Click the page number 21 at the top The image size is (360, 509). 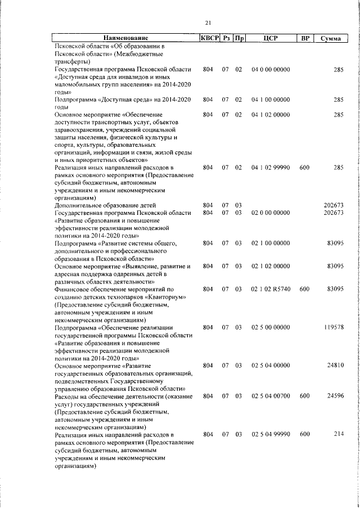click(208, 22)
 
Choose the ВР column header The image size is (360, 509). click(304, 39)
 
